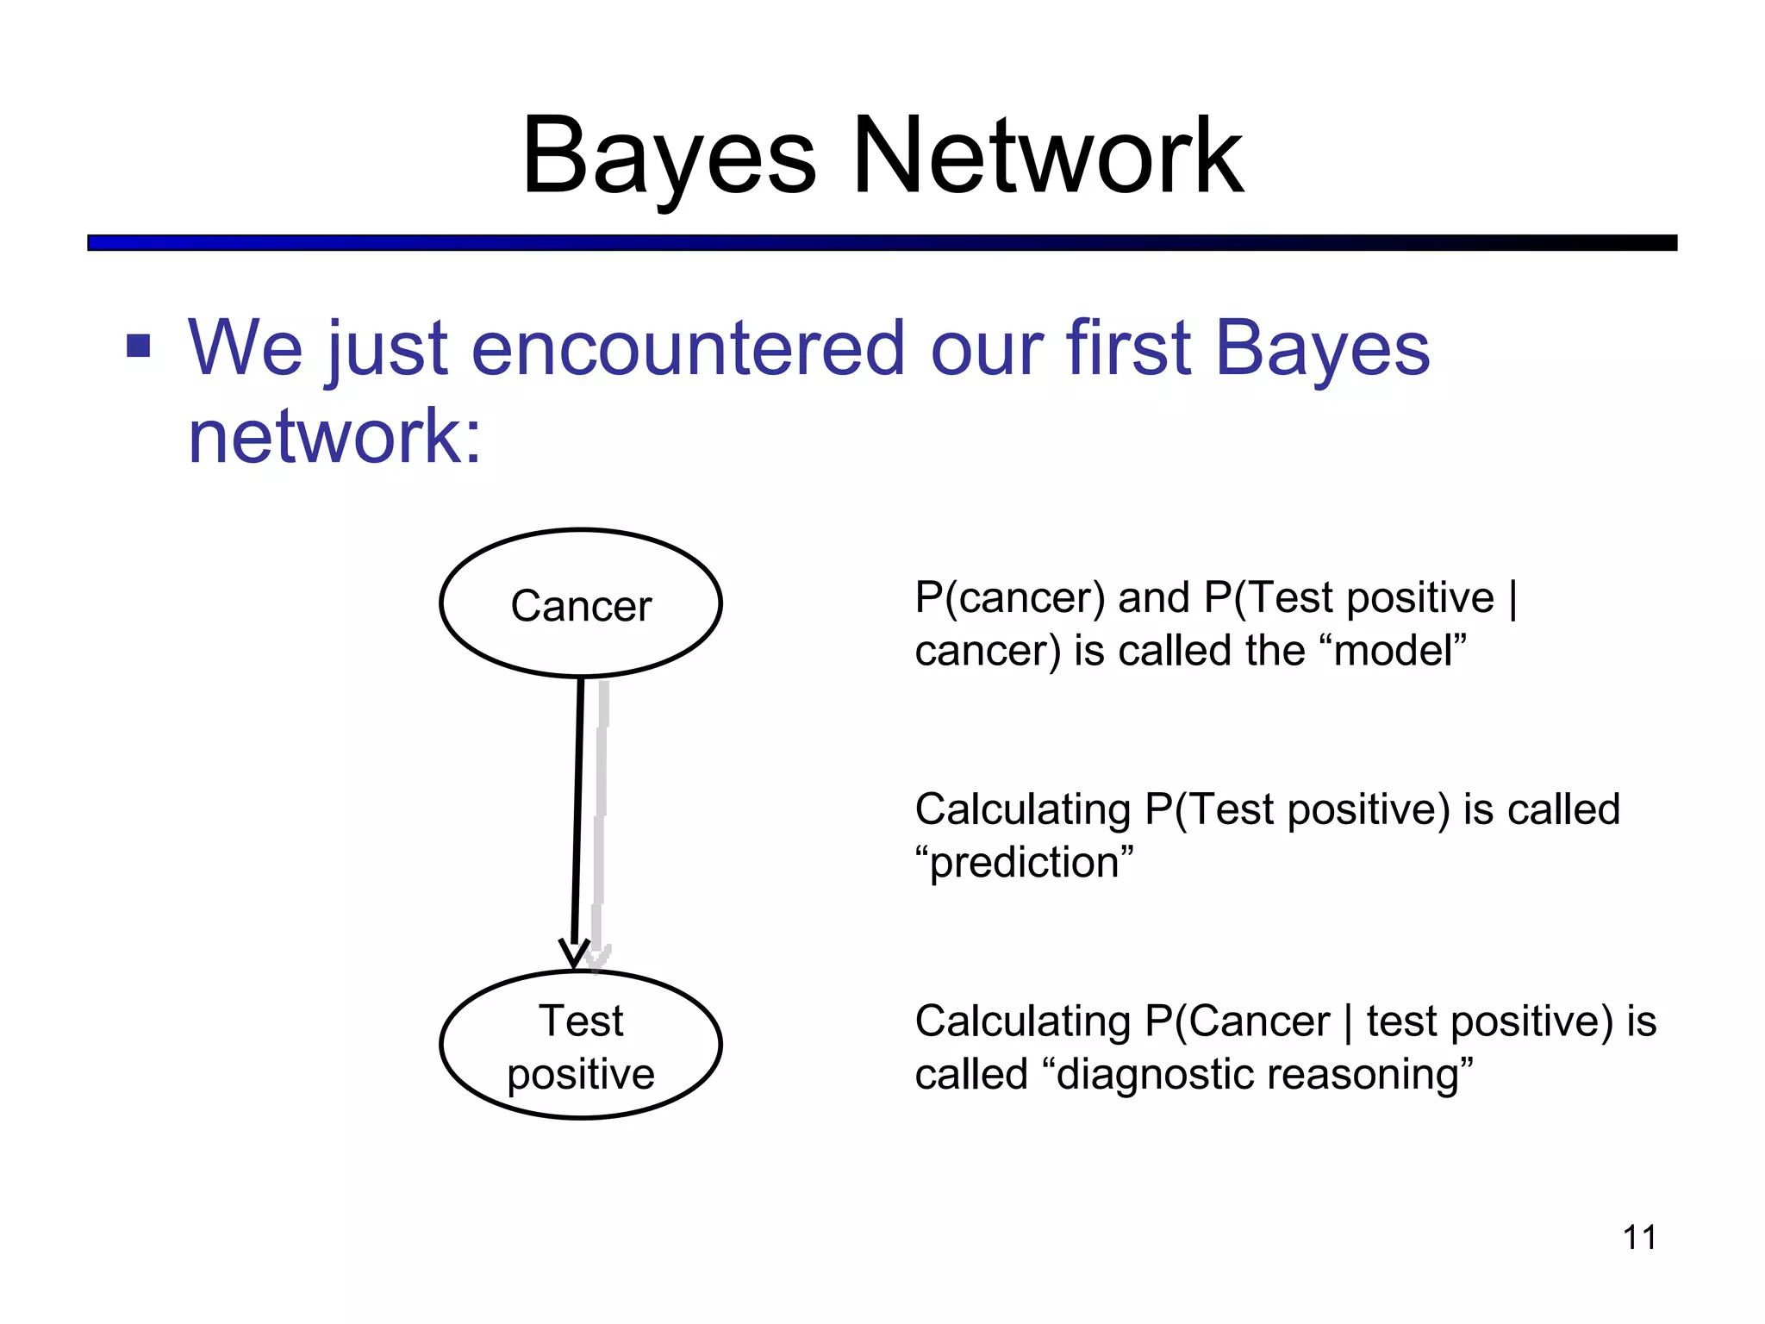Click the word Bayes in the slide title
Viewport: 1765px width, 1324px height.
(x=669, y=157)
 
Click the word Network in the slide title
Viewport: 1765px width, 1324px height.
(x=1047, y=157)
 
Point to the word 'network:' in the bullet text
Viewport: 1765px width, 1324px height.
(x=334, y=436)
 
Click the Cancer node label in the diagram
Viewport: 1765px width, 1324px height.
(x=581, y=605)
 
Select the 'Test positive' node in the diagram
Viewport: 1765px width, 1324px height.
(x=581, y=1046)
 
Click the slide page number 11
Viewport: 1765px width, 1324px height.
(x=1638, y=1238)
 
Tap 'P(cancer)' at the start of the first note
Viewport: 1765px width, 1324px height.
(x=1009, y=598)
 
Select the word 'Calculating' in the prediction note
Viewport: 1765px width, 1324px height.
(x=1022, y=810)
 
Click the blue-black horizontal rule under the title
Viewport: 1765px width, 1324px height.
(x=882, y=243)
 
